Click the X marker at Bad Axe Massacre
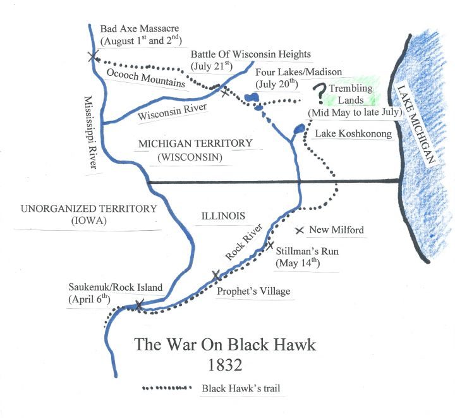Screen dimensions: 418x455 (x=93, y=57)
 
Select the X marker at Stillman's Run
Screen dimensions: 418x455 (x=270, y=245)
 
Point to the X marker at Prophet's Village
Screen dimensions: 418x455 (x=216, y=276)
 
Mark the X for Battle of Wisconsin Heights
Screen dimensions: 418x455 (x=225, y=92)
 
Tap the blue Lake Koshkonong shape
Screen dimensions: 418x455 (x=298, y=130)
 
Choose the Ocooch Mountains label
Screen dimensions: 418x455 (x=146, y=77)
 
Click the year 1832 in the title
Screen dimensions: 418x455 (x=224, y=366)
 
